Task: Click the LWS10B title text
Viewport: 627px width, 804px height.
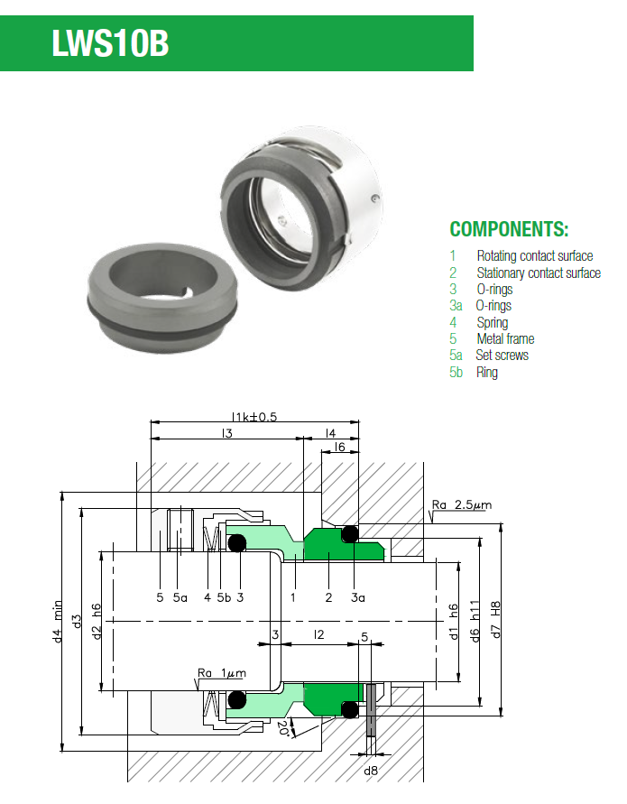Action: coord(110,42)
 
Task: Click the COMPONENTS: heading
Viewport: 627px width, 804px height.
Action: coord(509,228)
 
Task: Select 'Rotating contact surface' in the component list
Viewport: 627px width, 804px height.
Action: coord(534,256)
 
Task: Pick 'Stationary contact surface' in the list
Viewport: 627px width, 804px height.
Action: coord(538,273)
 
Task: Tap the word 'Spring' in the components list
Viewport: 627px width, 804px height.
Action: coord(492,322)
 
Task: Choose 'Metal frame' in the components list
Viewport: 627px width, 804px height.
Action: coord(505,338)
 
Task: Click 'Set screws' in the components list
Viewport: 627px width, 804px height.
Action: coord(502,356)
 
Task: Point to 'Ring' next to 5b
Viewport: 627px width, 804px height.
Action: coord(486,372)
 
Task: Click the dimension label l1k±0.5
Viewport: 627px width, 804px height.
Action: coord(254,416)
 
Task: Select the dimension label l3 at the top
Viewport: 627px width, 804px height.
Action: coord(226,434)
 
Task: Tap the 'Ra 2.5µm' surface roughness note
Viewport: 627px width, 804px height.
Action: coord(462,504)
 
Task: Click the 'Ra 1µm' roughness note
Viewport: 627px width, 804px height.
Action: coord(221,673)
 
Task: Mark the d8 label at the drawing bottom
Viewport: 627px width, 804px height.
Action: coord(371,771)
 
